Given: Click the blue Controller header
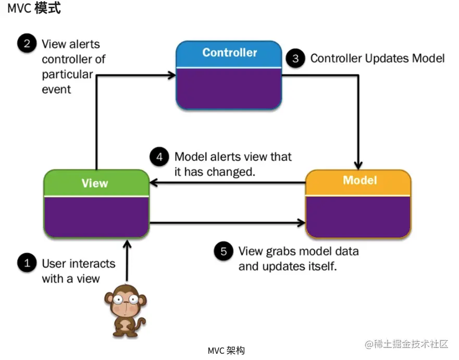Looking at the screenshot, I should (x=229, y=53).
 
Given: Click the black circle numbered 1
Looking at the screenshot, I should (x=27, y=263).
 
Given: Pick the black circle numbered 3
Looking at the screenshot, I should (x=295, y=58).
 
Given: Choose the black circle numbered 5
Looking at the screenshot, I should (x=224, y=251).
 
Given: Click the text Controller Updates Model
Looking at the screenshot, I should (x=377, y=58).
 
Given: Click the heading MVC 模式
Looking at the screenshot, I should (x=34, y=8).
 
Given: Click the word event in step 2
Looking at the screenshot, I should (x=56, y=89).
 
